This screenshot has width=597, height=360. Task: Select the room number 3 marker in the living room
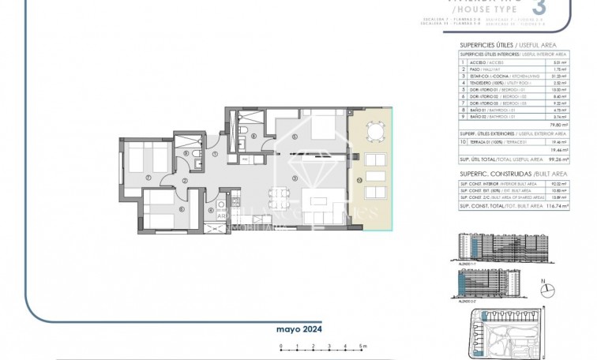pyautogui.click(x=294, y=179)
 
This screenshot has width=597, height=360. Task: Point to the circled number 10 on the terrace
pyautogui.click(x=359, y=181)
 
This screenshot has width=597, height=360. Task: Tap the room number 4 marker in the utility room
pyautogui.click(x=211, y=209)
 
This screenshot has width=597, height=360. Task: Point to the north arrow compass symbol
pyautogui.click(x=543, y=282)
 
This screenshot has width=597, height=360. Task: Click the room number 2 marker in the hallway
pyautogui.click(x=184, y=181)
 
